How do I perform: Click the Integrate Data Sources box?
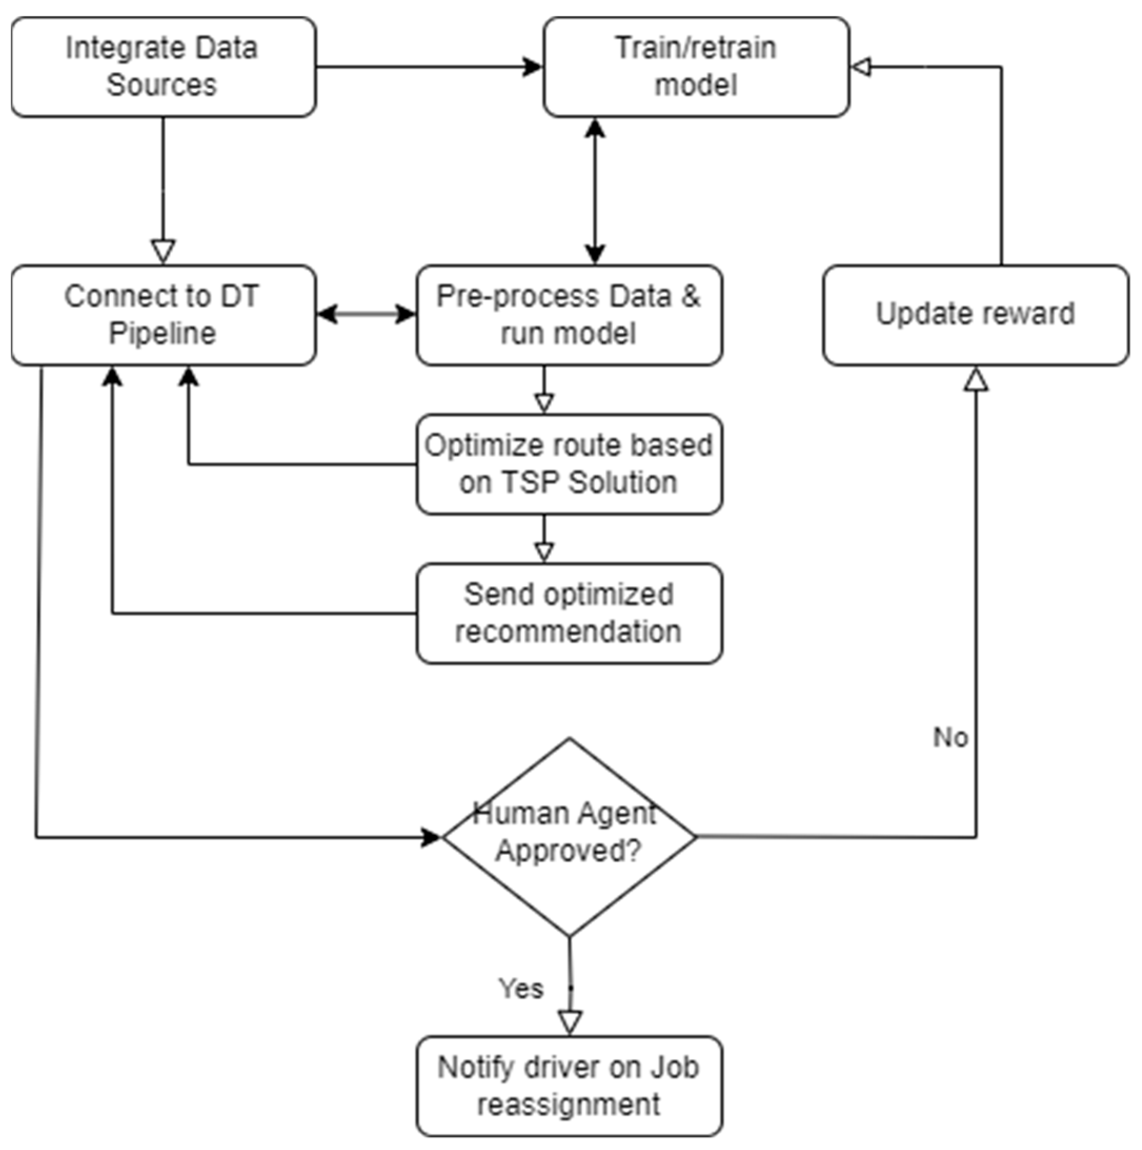click(164, 67)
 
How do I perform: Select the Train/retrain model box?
click(696, 67)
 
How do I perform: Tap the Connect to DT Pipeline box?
click(164, 315)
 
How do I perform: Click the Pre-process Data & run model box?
click(569, 315)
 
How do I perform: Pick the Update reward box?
click(975, 315)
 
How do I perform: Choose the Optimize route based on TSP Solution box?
click(569, 465)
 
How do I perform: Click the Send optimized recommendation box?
click(569, 613)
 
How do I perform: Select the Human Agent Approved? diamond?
click(569, 837)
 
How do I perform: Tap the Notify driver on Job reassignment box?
click(569, 1087)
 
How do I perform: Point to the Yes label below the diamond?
click(521, 988)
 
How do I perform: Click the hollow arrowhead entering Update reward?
click(976, 379)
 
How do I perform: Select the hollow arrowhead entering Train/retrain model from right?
click(861, 67)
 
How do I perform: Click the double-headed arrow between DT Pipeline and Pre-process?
click(366, 314)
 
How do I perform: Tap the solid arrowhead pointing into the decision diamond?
click(430, 838)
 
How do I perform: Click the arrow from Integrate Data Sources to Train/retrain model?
click(429, 67)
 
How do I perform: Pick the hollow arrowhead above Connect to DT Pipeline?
click(163, 251)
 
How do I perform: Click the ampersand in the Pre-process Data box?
click(690, 296)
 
